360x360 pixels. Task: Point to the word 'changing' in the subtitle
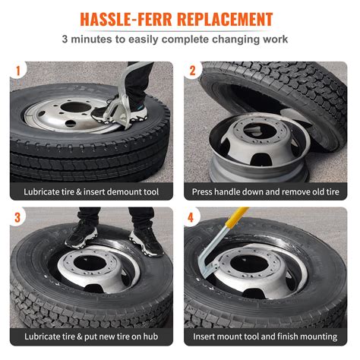pyautogui.click(x=235, y=38)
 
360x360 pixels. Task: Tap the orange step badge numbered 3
pyautogui.click(x=16, y=217)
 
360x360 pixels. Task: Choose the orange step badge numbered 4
pyautogui.click(x=192, y=217)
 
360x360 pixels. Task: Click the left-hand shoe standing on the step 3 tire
pyautogui.click(x=81, y=235)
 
